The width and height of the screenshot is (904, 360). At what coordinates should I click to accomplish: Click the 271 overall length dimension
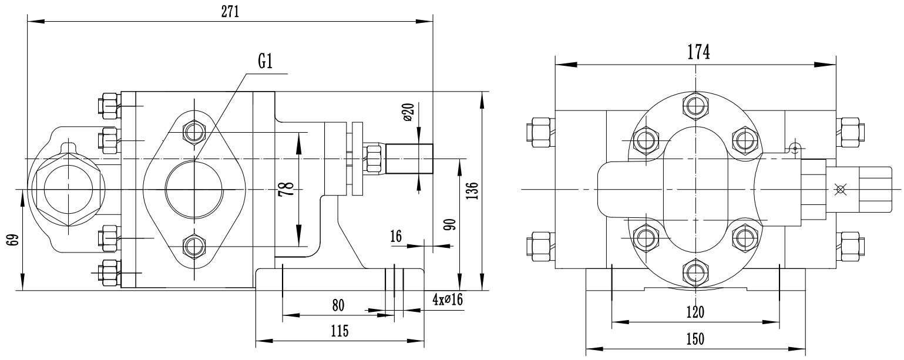click(230, 12)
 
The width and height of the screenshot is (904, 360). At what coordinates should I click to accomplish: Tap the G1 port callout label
click(265, 62)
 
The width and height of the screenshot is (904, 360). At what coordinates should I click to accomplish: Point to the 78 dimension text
click(285, 189)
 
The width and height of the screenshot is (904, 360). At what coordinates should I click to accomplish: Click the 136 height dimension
click(472, 190)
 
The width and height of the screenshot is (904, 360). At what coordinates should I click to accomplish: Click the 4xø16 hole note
click(448, 300)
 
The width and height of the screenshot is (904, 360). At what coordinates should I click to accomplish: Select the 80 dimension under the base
click(338, 305)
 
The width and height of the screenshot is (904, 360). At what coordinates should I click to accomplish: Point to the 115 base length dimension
click(340, 331)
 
